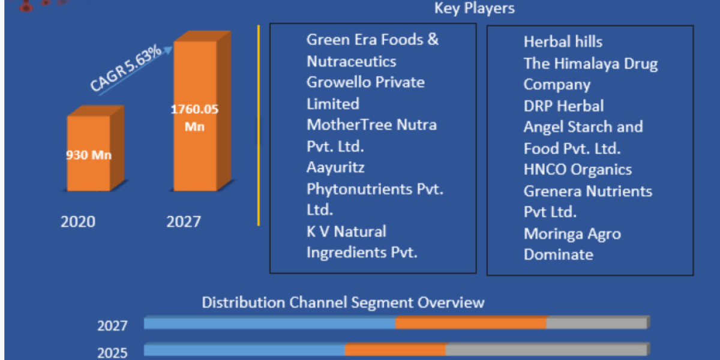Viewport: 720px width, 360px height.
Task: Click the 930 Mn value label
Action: tap(89, 155)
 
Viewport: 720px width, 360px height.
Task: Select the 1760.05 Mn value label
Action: tap(194, 118)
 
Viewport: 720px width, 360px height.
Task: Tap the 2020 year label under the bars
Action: tap(78, 222)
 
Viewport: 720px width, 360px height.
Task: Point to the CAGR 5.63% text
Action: tap(125, 67)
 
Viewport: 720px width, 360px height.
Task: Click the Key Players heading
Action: tap(475, 8)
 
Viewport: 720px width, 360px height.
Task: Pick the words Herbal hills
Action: tap(563, 42)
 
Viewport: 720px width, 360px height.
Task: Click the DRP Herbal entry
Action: tap(563, 106)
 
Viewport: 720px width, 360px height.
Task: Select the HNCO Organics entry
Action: tap(578, 170)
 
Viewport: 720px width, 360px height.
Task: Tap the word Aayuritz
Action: tap(335, 168)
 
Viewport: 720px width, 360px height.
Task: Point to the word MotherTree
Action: tap(349, 125)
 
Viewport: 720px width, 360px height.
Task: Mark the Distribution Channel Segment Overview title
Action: tap(343, 303)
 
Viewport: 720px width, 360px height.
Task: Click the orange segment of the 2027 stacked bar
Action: tap(471, 323)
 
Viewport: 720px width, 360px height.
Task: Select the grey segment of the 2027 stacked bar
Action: tap(597, 323)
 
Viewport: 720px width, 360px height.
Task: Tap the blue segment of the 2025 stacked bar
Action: tap(244, 350)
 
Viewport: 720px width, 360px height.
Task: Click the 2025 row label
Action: tap(112, 353)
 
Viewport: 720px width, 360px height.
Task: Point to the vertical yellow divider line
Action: tap(259, 125)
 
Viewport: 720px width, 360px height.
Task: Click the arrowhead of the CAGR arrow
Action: tap(168, 50)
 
